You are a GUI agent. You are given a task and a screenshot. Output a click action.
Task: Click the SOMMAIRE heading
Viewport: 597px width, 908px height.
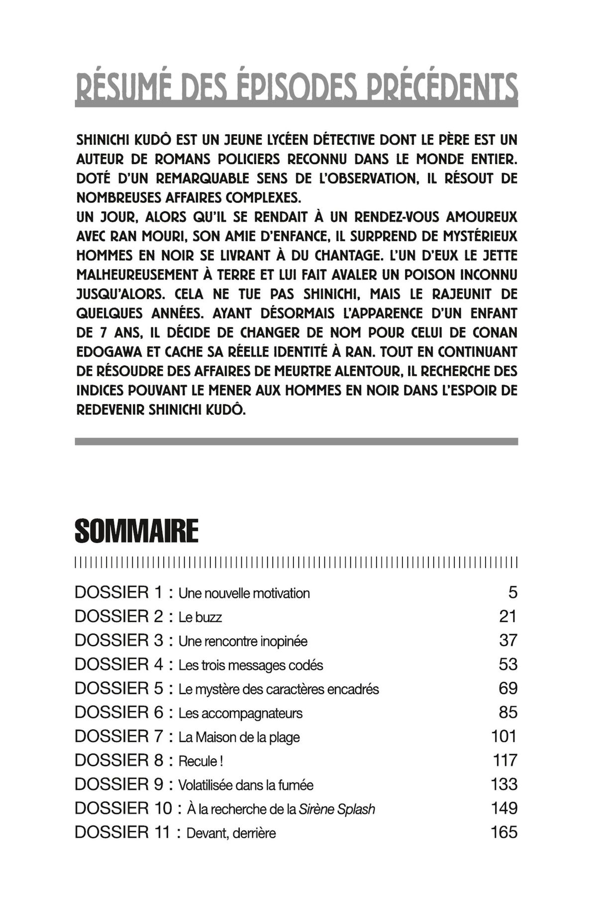(136, 531)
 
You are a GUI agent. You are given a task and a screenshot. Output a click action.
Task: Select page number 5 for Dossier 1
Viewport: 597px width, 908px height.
(512, 593)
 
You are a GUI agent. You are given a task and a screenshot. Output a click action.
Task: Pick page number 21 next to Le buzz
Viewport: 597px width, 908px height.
(508, 616)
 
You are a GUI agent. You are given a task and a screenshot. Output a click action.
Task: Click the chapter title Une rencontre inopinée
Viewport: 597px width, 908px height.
(243, 641)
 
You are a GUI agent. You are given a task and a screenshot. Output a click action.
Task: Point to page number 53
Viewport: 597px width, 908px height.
(508, 665)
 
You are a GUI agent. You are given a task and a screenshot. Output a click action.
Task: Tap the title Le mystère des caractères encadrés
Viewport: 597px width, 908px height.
(279, 689)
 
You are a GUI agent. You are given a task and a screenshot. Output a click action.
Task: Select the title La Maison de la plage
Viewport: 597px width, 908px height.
(239, 737)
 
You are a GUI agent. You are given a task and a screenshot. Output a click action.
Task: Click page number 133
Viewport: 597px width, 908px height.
(504, 785)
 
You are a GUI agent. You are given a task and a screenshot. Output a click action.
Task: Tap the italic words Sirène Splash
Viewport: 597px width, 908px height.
(337, 809)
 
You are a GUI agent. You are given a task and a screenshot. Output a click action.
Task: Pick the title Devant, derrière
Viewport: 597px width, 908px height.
(231, 833)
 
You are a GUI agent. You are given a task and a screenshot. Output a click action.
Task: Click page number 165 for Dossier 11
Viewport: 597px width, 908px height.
(504, 832)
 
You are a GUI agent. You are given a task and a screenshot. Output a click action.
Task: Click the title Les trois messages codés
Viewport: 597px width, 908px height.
(251, 665)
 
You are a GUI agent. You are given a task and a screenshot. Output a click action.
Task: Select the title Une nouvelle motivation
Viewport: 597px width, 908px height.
(244, 593)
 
